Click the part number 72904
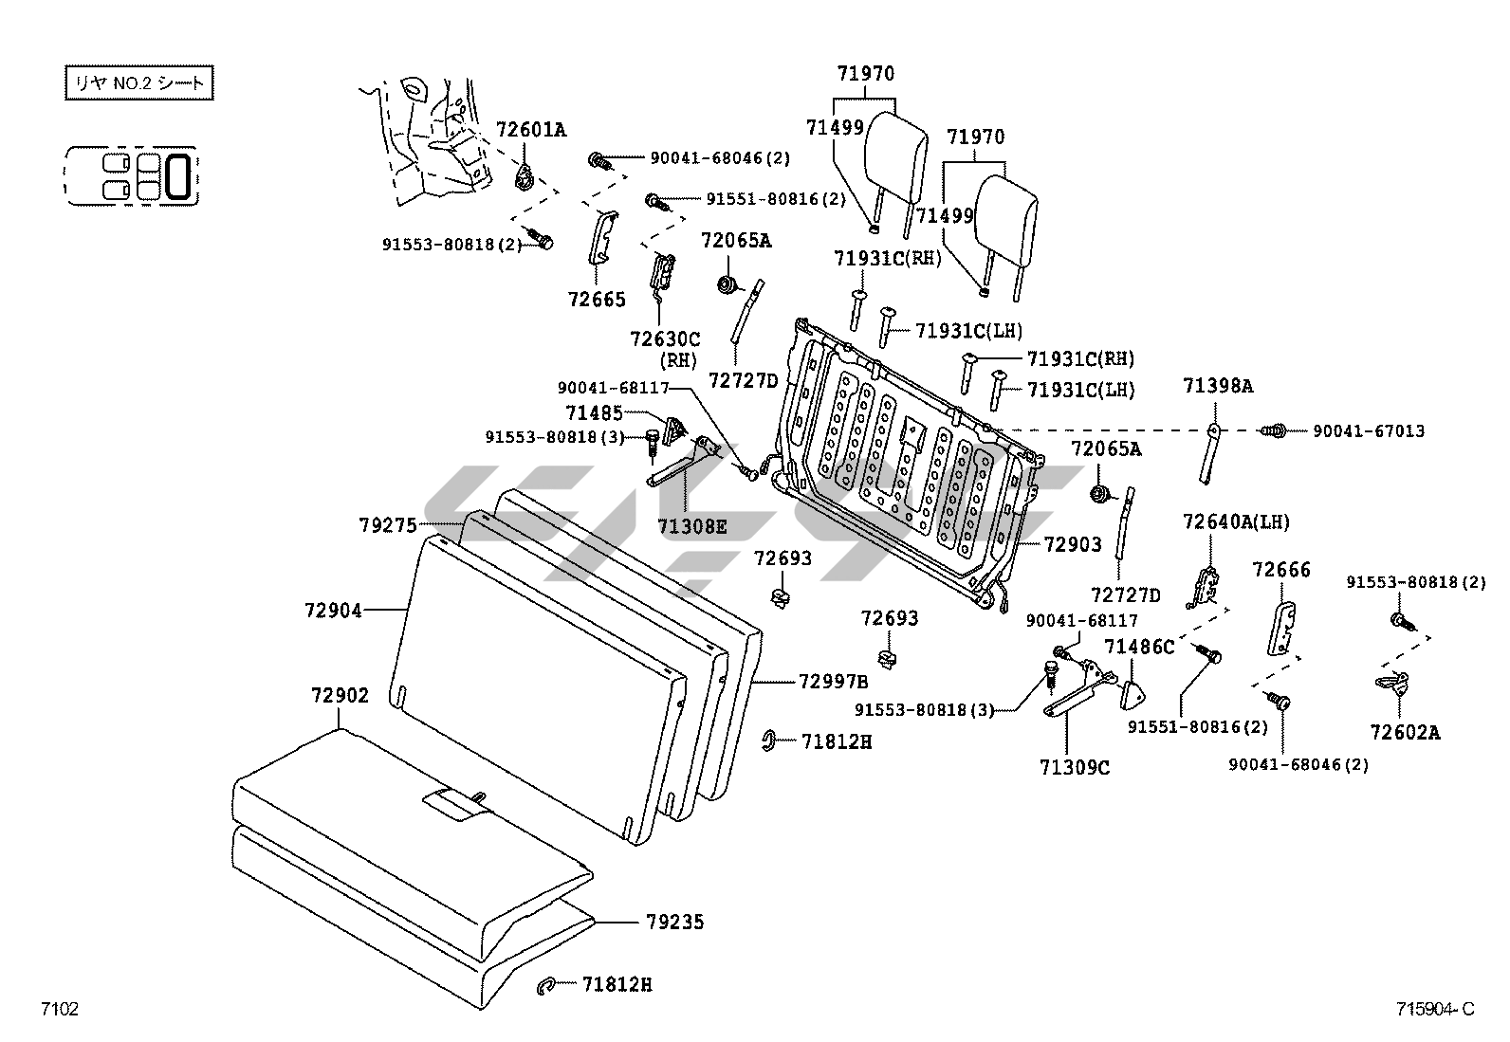coord(333,612)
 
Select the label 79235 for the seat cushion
coord(674,922)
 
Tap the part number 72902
coord(339,695)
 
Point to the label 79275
coord(387,524)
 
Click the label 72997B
coord(833,681)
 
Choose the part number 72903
coord(1073,544)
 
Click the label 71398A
coord(1217,386)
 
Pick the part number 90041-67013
coord(1368,431)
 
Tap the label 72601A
coord(530,130)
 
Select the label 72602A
coord(1404,732)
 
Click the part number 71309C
coord(1074,767)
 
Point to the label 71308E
coord(691,526)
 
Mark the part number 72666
coord(1280,570)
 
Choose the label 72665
coord(597,300)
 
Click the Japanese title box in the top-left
coord(138,83)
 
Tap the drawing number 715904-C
coord(1434,1009)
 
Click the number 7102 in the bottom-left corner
coord(59,1009)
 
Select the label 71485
coord(594,413)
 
